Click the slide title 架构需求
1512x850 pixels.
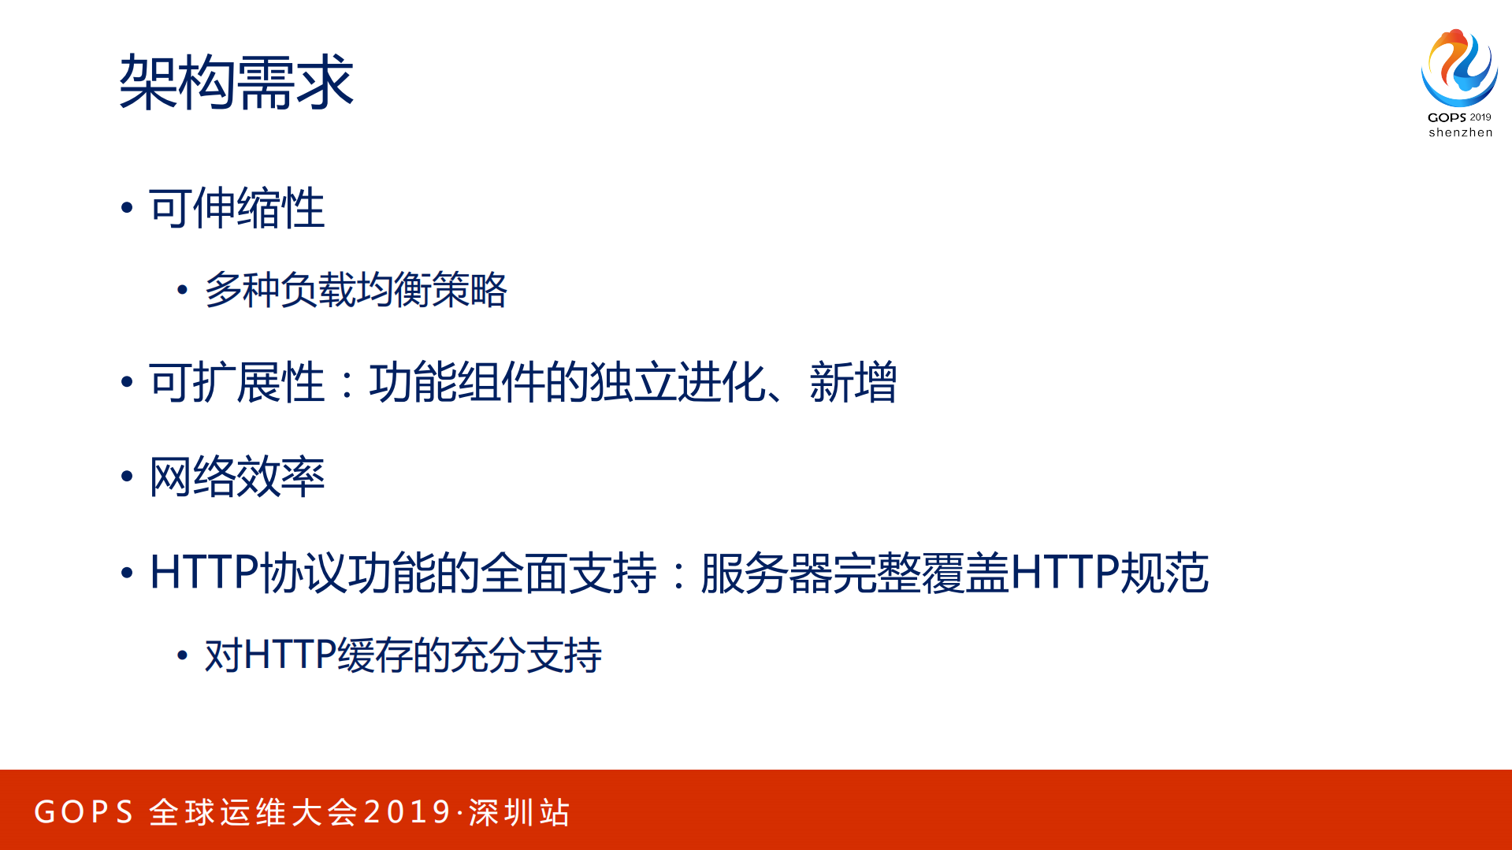pos(236,82)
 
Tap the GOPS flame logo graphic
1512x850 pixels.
pos(1459,68)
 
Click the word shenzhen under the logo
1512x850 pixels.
pos(1460,132)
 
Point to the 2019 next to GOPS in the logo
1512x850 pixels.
pos(1480,117)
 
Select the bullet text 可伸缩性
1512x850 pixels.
pos(236,209)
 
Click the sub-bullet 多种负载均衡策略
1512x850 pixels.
pos(355,290)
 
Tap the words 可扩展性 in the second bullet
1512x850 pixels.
pos(236,383)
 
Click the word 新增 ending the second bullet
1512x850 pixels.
pos(853,383)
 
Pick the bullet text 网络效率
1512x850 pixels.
pos(236,477)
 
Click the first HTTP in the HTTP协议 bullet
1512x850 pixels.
pos(203,573)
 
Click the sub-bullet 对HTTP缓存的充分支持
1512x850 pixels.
pos(403,655)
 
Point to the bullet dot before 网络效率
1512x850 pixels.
pos(127,477)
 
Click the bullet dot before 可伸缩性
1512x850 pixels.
pos(127,208)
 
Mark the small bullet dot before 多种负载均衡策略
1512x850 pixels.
pos(183,291)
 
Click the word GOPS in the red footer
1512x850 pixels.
pos(84,812)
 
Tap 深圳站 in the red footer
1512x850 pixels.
pos(519,812)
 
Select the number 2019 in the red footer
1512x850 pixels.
pos(407,812)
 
